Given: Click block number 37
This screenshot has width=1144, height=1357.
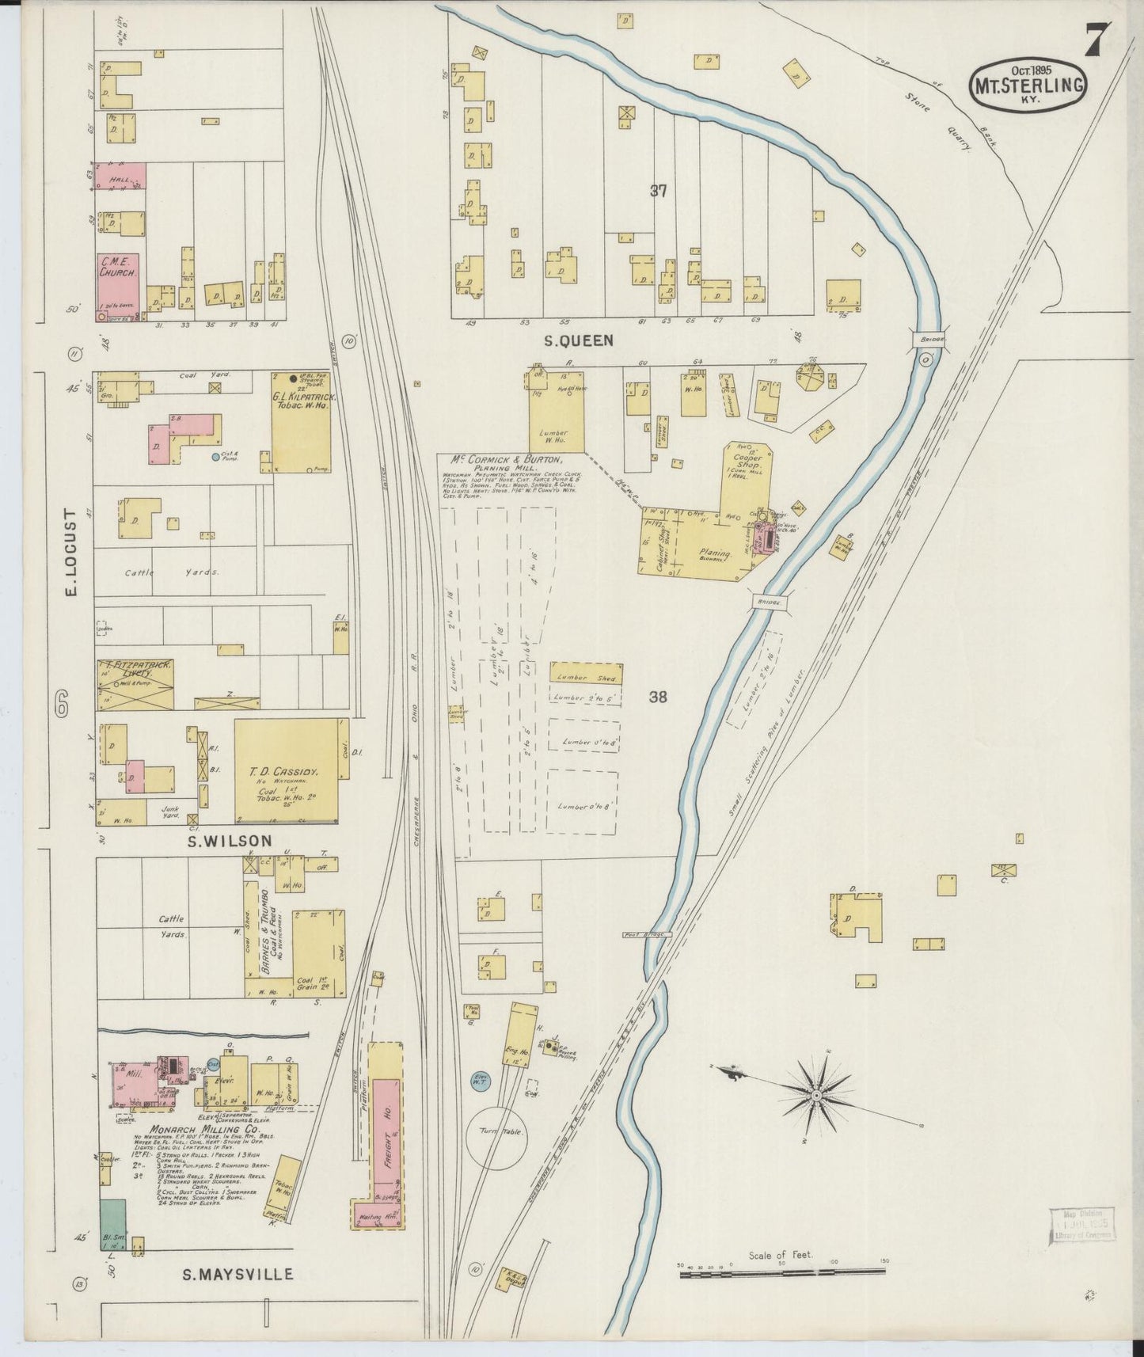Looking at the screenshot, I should click(658, 190).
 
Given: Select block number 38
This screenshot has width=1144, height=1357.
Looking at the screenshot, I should click(658, 697).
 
